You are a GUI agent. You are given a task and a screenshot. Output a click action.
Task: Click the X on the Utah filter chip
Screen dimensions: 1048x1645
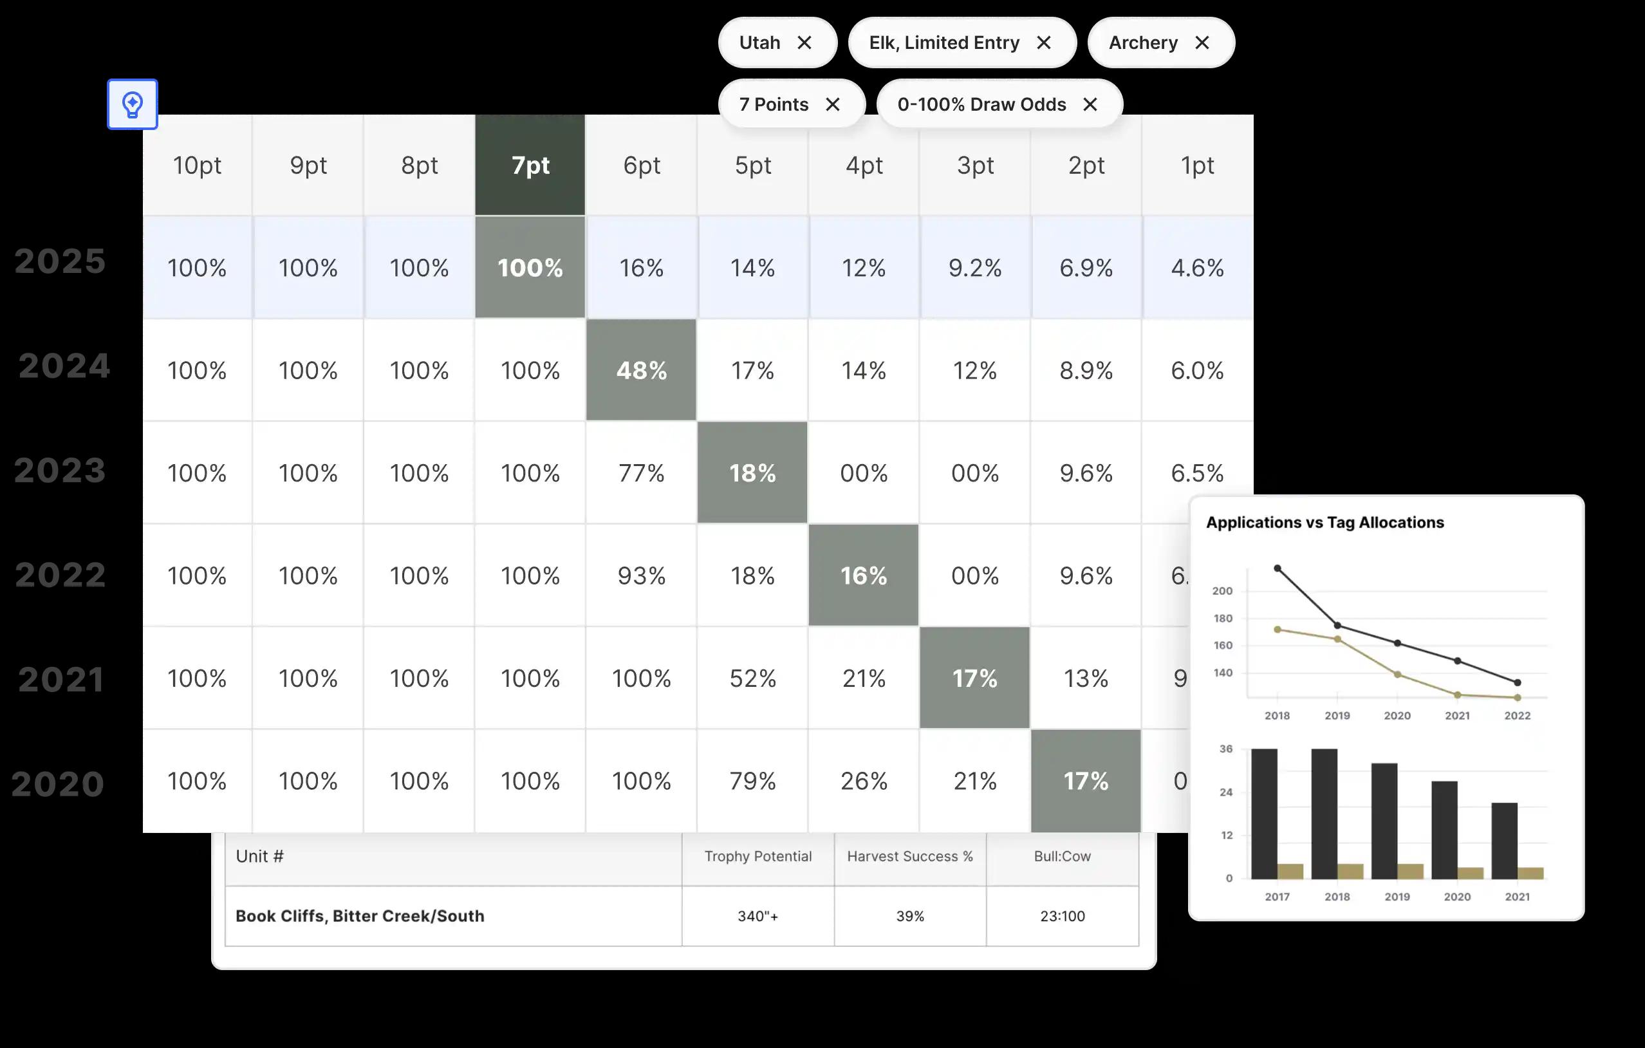click(x=804, y=43)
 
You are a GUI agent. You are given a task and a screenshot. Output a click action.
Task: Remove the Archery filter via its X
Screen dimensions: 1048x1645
click(x=1202, y=43)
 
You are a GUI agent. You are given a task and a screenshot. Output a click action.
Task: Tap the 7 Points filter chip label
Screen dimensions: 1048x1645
click(x=774, y=104)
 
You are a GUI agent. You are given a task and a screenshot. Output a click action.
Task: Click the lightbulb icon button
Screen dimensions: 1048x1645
click(x=133, y=104)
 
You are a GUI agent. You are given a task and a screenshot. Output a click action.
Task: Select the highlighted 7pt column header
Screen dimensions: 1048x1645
click(x=530, y=165)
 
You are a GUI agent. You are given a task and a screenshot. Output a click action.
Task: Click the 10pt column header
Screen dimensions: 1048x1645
click(x=197, y=165)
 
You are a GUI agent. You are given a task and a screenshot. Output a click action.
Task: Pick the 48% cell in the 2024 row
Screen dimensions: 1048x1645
click(x=641, y=370)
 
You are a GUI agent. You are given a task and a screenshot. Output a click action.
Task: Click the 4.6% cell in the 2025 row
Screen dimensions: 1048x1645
click(x=1197, y=268)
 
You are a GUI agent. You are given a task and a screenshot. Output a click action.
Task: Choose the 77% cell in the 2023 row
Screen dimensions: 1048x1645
click(x=641, y=473)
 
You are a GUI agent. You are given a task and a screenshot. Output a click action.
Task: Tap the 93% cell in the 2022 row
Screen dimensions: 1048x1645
click(x=641, y=576)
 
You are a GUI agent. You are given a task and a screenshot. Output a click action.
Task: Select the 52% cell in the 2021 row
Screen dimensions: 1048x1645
click(x=752, y=678)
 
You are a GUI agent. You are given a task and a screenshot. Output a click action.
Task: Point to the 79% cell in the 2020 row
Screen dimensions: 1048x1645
click(x=752, y=781)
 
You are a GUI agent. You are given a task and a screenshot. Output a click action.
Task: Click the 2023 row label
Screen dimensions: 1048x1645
click(x=60, y=471)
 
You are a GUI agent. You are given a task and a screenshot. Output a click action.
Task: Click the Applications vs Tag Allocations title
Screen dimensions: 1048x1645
click(x=1324, y=523)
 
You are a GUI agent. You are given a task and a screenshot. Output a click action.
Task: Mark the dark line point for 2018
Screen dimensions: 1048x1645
click(x=1278, y=568)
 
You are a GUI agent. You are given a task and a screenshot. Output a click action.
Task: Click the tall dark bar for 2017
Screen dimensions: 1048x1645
click(x=1264, y=813)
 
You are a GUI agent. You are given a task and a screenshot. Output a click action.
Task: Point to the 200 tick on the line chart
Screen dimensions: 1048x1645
click(x=1222, y=591)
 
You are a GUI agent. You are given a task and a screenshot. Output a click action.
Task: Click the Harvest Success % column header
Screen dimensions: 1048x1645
click(x=910, y=857)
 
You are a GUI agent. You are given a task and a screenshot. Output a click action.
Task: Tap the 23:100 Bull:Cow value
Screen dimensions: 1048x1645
click(x=1063, y=916)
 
